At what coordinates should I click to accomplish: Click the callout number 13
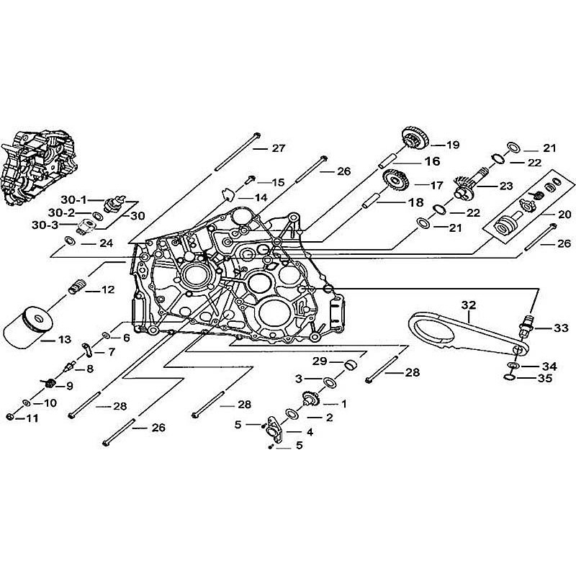pos(64,338)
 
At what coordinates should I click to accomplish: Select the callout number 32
pos(469,305)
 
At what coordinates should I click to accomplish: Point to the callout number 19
pos(452,145)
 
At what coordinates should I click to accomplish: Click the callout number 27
pos(279,148)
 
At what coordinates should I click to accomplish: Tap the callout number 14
pos(260,197)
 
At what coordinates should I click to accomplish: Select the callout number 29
pos(319,361)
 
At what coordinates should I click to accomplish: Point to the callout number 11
pos(33,418)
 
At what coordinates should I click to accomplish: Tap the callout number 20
pos(564,214)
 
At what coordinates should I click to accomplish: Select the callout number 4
pos(310,432)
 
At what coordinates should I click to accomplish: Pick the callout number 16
pos(431,161)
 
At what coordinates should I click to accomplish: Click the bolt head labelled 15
pos(251,178)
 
